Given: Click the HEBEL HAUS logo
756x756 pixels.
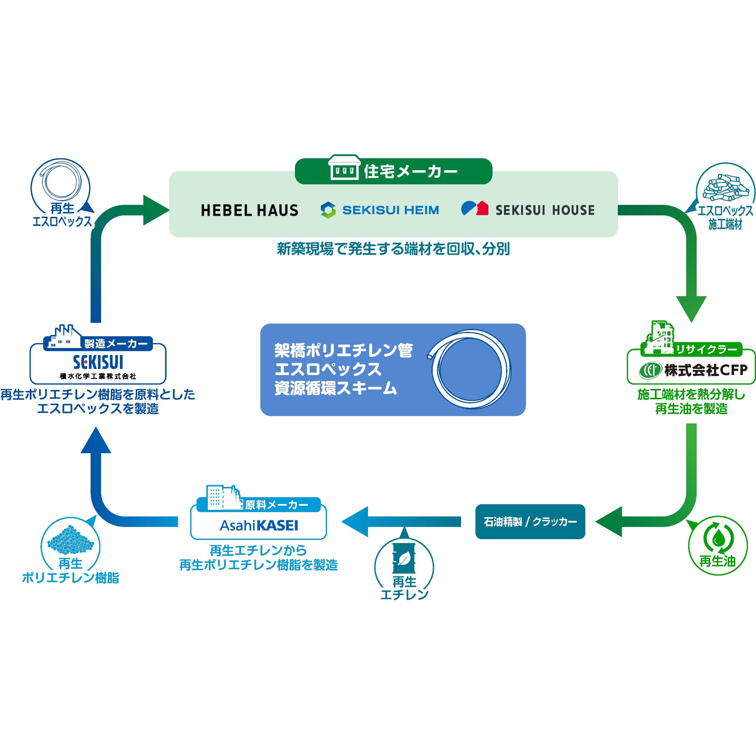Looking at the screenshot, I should tap(249, 210).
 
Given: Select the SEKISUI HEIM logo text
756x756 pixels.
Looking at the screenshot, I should tap(390, 210).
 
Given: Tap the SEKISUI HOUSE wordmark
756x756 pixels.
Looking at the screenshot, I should tap(545, 210).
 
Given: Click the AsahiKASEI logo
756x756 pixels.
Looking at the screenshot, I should tap(259, 525).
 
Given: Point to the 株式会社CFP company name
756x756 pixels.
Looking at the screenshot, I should tap(705, 370).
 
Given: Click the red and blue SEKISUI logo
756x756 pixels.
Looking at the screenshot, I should tap(98, 362).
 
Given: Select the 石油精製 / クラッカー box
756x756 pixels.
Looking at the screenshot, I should tap(530, 522).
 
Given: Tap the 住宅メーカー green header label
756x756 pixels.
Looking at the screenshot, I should tap(410, 171).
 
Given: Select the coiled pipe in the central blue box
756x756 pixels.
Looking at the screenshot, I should tap(470, 369).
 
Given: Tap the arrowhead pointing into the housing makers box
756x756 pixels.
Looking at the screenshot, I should tap(155, 210).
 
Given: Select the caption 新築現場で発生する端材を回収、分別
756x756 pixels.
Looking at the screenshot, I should tap(393, 249).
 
